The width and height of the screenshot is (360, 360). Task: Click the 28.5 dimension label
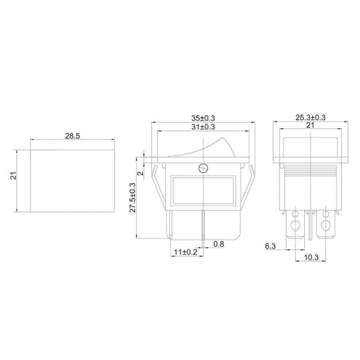tap(73, 136)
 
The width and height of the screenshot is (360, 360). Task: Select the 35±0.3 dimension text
tap(203, 118)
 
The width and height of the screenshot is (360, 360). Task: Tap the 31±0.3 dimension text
tap(203, 127)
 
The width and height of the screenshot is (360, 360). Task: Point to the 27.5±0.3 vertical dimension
tap(133, 197)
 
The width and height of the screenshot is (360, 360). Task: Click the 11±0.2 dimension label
tap(185, 252)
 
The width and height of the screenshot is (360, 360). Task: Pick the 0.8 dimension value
tap(218, 244)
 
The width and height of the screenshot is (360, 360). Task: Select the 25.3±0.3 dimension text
tap(310, 118)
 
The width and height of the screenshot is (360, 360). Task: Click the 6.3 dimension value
tap(270, 246)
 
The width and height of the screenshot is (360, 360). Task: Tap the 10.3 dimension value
tap(311, 257)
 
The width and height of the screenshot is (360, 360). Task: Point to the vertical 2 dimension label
tap(142, 173)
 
